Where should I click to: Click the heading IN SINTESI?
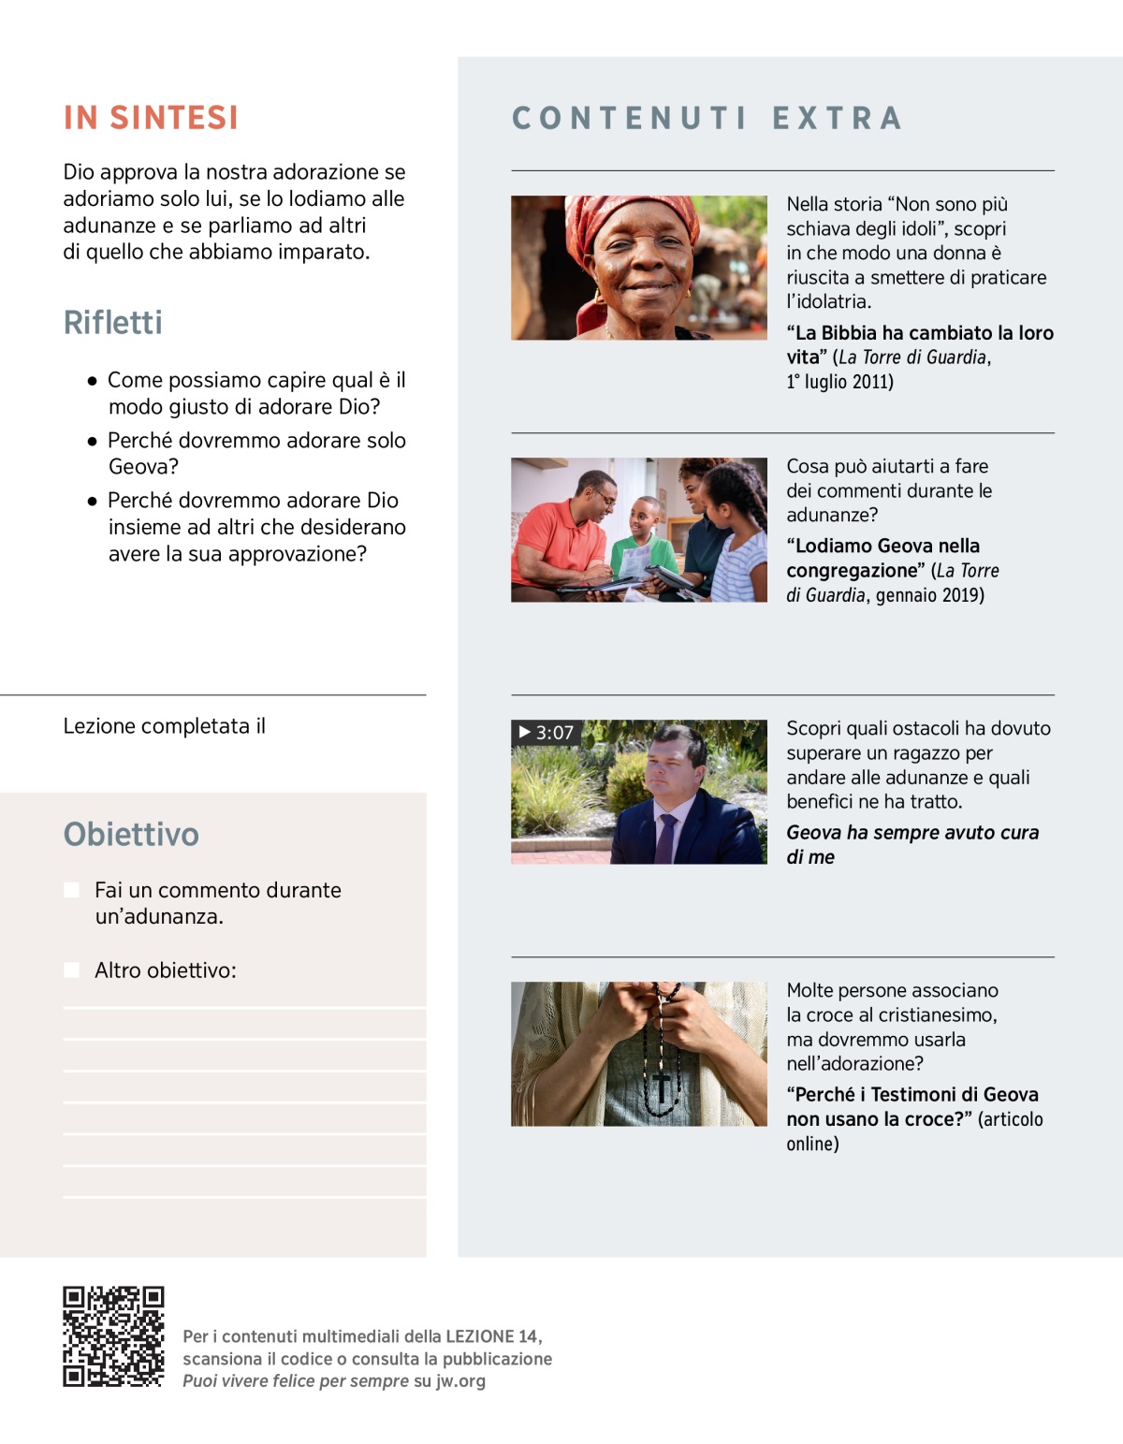coord(151,118)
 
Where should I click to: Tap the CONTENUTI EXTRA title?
coord(707,118)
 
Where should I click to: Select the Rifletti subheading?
coord(112,323)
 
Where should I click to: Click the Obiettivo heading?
coord(131,834)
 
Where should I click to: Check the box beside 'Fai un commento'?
coord(71,890)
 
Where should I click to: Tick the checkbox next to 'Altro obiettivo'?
coord(71,970)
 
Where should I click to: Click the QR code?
coord(113,1336)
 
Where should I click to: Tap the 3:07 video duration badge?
coord(546,733)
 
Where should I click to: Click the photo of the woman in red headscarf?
coord(638,268)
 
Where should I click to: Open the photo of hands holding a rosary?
coord(638,1054)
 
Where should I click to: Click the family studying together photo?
coord(638,530)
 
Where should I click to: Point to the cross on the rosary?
coord(663,1086)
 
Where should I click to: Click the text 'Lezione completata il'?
coord(164,726)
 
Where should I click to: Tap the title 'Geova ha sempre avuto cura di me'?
coord(912,844)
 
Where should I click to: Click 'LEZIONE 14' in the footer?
coord(492,1336)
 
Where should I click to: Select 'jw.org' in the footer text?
coord(460,1380)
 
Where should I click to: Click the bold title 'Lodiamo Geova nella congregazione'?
coord(882,558)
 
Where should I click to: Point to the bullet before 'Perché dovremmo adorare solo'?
coord(92,441)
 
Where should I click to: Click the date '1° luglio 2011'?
coord(839,382)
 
